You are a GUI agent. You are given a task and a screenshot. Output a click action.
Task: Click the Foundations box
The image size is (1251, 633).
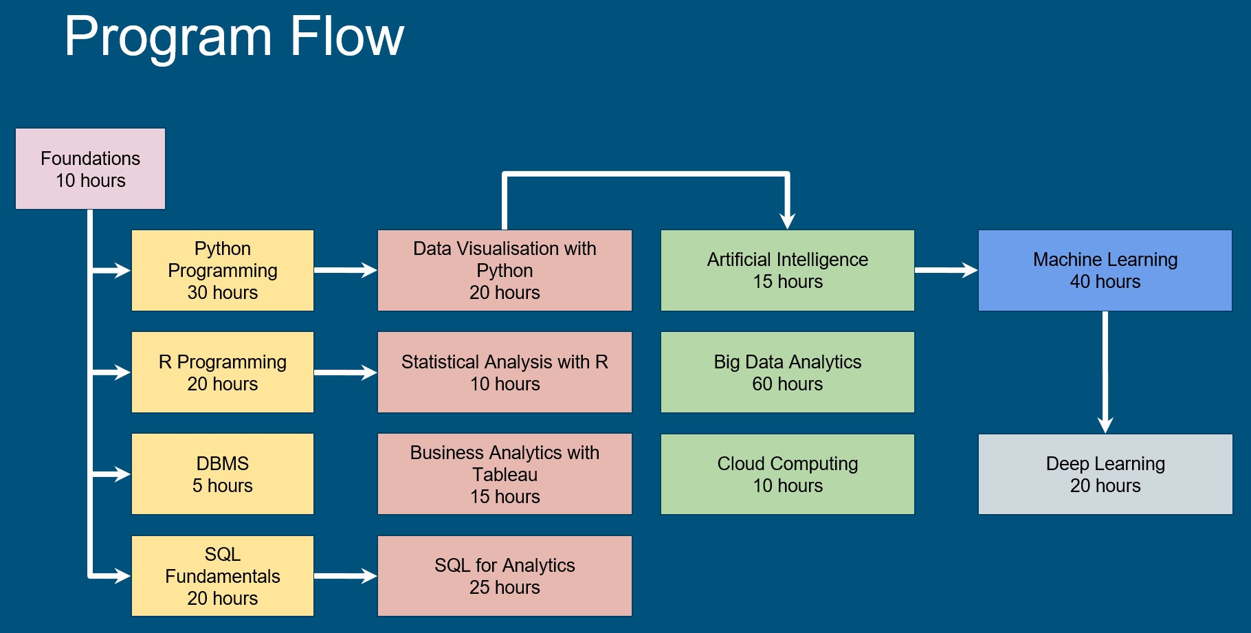(90, 168)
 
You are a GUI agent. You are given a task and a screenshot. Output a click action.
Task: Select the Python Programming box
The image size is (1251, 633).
(222, 270)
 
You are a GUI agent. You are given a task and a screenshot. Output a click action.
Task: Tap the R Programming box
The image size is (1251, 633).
(222, 372)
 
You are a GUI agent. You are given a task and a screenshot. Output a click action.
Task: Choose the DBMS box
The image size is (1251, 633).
(222, 474)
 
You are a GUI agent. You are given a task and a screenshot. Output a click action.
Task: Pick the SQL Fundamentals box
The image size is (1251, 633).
(222, 575)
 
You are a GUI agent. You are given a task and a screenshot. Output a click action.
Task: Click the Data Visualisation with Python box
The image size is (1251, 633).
(505, 270)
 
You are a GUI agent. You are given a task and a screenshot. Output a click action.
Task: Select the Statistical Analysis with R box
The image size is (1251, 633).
(505, 372)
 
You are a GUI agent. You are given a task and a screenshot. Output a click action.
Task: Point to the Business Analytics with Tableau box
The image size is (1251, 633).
(505, 474)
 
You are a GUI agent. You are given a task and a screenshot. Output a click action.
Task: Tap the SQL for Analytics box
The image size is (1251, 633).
(505, 575)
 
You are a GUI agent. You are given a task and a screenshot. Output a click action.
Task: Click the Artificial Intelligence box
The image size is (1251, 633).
(787, 270)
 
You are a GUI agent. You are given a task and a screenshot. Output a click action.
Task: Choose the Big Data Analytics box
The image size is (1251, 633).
(787, 372)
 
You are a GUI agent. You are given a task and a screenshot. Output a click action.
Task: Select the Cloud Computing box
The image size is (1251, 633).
(787, 474)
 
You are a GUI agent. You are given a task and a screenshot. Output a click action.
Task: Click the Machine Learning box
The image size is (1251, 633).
(1105, 270)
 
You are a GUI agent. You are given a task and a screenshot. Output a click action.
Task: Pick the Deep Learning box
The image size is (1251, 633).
(1105, 474)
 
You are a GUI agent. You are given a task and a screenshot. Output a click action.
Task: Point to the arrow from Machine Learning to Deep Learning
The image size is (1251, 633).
(1105, 371)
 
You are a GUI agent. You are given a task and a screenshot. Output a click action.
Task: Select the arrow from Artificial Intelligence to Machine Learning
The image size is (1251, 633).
(945, 270)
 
